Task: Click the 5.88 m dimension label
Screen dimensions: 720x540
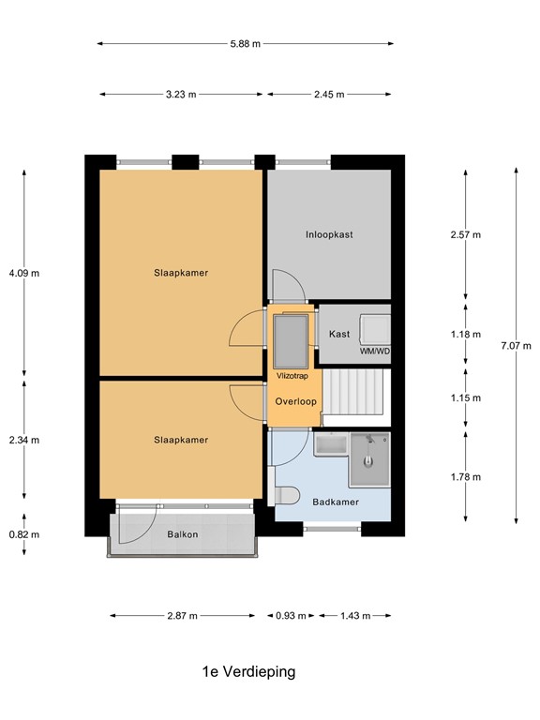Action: pos(246,43)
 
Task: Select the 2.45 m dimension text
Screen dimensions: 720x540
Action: pos(328,94)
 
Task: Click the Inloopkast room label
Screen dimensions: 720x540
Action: pos(328,234)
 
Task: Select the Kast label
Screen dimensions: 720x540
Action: pos(339,334)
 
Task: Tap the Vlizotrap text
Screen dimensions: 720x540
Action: pos(292,375)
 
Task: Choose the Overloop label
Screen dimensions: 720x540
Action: pos(295,401)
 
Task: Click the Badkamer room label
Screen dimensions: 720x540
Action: pos(335,502)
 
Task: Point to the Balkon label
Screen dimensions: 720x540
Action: pos(182,534)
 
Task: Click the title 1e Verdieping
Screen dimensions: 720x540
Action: pos(248,671)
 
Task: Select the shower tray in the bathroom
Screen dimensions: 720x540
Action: pos(369,460)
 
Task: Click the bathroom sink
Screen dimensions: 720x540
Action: pos(330,445)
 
